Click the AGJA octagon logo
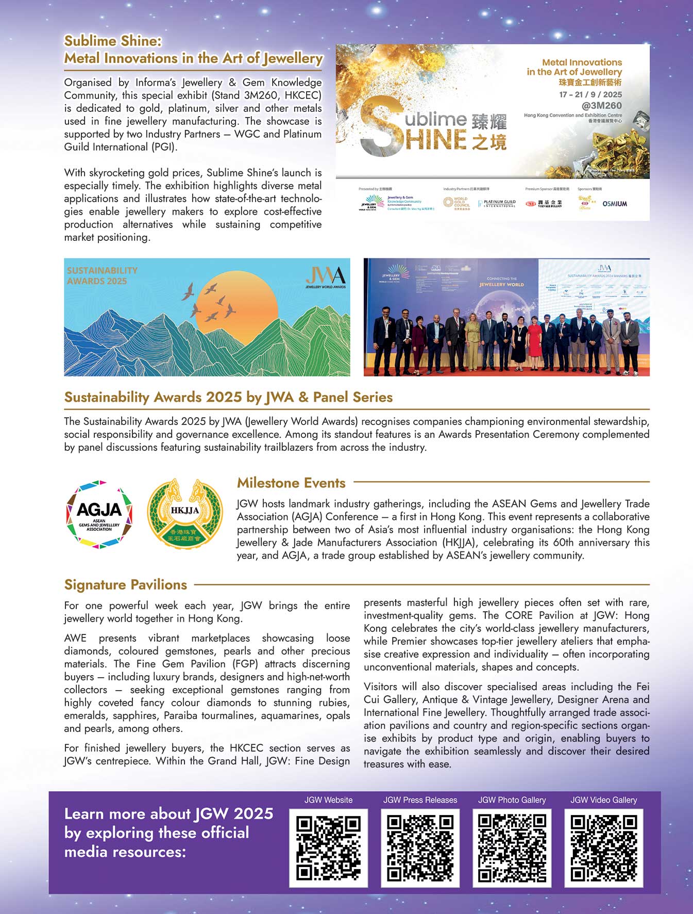coord(99,514)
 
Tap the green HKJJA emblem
coord(184,514)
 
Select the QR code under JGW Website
coord(328,847)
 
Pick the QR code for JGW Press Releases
coord(420,847)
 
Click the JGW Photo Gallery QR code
coord(512,847)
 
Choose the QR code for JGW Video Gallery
coord(603,847)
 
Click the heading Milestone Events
coord(291,483)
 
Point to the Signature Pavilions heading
coord(125,584)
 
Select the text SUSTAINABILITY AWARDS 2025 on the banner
coord(102,275)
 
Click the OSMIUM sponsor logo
coord(615,204)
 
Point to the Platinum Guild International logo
coord(497,204)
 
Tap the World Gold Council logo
coord(456,203)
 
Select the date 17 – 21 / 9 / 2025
coord(590,94)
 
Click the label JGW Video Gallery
coord(603,800)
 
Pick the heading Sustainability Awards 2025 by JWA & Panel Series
coord(228,397)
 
